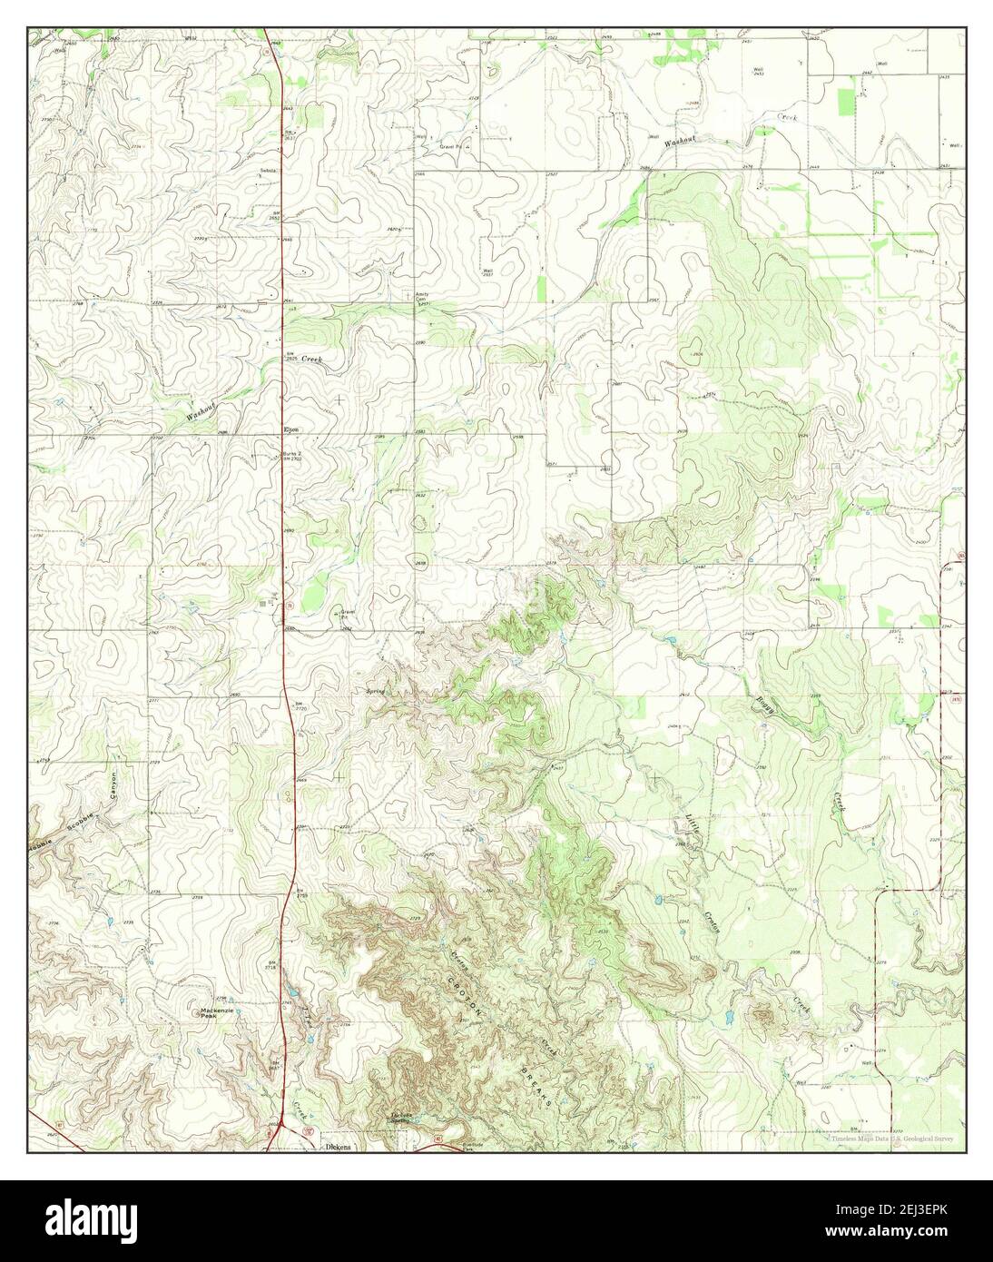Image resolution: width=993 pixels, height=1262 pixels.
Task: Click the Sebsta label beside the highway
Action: [268, 171]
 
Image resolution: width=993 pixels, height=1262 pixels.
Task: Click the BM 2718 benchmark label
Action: [270, 966]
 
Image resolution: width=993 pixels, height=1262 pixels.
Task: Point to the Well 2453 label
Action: [756, 72]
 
